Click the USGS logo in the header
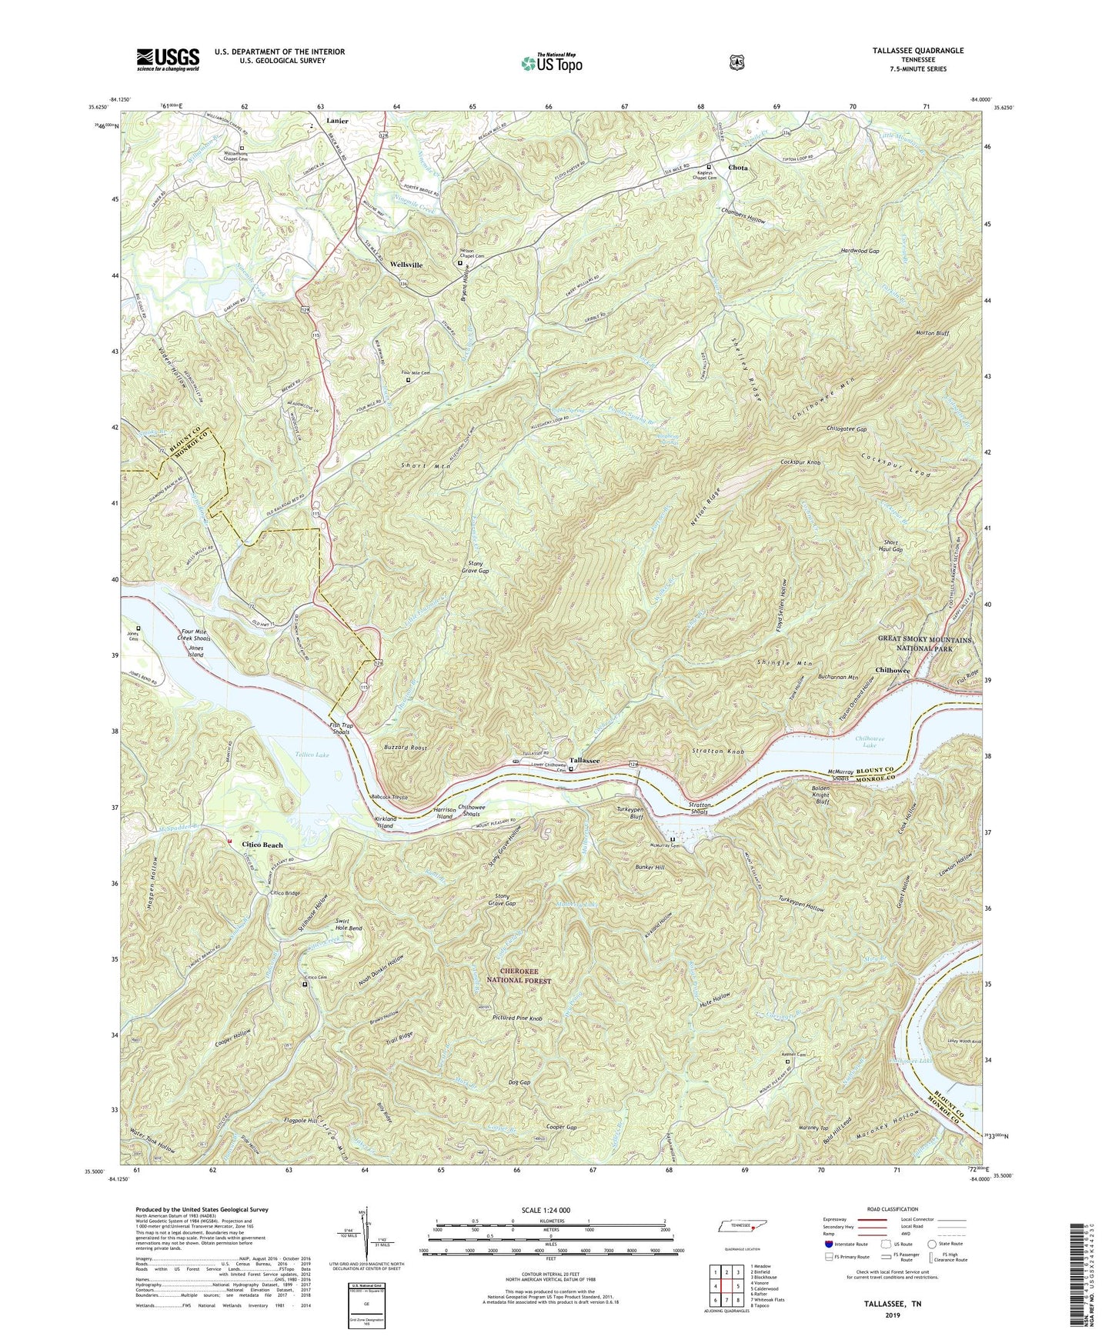pos(168,58)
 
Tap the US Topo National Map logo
pos(551,62)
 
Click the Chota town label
pos(738,167)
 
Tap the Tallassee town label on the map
pos(585,759)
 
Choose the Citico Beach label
pos(263,845)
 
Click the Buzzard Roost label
pos(406,747)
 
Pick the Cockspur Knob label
pos(801,463)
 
